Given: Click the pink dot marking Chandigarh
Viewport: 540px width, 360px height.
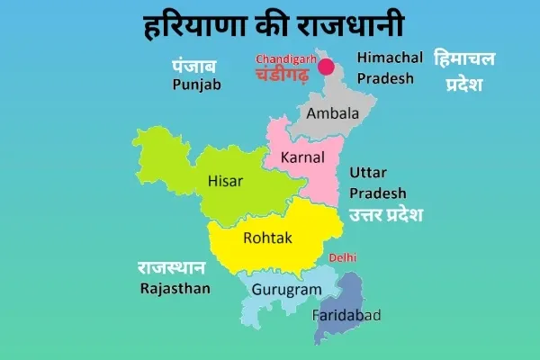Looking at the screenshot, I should click(x=326, y=67).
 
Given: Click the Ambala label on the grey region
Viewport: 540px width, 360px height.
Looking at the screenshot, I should click(x=332, y=113).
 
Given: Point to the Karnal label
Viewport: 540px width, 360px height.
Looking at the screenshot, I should click(x=302, y=157).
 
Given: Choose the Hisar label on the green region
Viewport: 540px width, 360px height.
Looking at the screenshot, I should click(x=226, y=181).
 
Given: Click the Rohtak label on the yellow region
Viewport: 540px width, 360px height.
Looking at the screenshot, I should click(x=266, y=238).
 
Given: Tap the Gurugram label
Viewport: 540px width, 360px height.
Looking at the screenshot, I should click(x=286, y=289).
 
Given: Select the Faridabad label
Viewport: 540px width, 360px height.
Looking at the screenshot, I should click(x=346, y=315).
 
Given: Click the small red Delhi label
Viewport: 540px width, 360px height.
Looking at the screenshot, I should click(x=343, y=257).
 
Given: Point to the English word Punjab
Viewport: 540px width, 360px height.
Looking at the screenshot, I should click(x=196, y=85).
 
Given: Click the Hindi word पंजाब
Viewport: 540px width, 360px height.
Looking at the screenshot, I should click(x=195, y=66).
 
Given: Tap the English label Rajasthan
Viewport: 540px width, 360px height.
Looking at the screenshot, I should click(x=175, y=288).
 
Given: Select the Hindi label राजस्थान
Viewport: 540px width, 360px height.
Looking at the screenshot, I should click(x=171, y=268).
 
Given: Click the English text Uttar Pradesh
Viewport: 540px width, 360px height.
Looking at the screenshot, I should click(x=377, y=183).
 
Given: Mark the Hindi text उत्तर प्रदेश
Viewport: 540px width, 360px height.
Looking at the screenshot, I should click(x=386, y=214).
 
